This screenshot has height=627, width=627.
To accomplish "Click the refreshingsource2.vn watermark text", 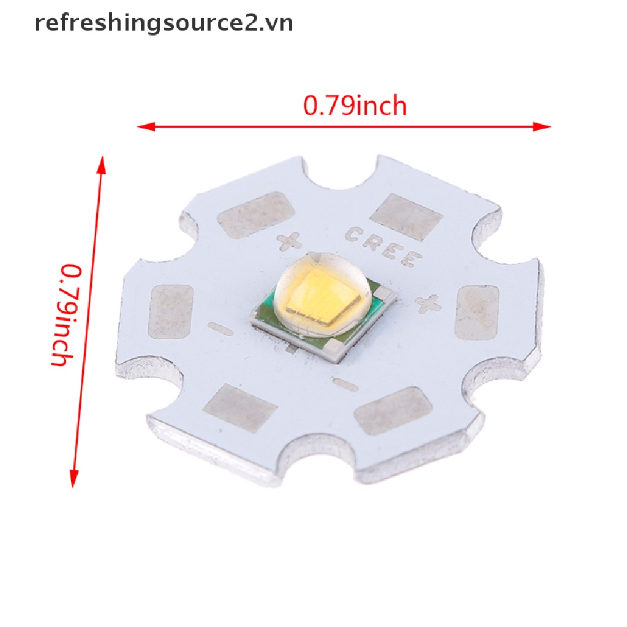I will (x=163, y=23).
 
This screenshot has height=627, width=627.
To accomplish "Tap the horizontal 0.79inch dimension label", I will (x=355, y=107).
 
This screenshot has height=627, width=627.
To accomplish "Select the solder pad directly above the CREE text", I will (x=405, y=217).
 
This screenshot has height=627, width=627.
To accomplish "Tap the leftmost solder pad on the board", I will (x=171, y=311).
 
